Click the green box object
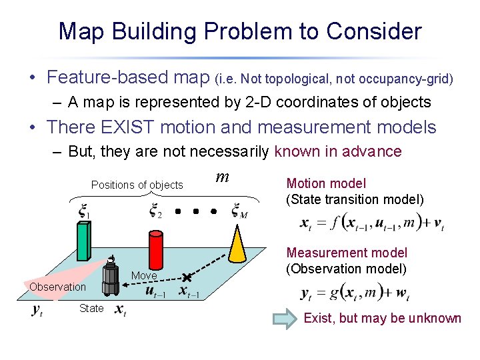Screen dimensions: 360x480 point(83,241)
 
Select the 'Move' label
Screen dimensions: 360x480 point(144,276)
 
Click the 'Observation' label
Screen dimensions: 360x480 point(57,287)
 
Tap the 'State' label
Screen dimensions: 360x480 point(91,308)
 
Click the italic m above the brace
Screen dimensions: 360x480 point(223,177)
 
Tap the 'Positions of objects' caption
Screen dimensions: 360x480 point(137,185)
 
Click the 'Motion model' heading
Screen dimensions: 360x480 point(326,183)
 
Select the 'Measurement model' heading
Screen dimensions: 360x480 point(347,253)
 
